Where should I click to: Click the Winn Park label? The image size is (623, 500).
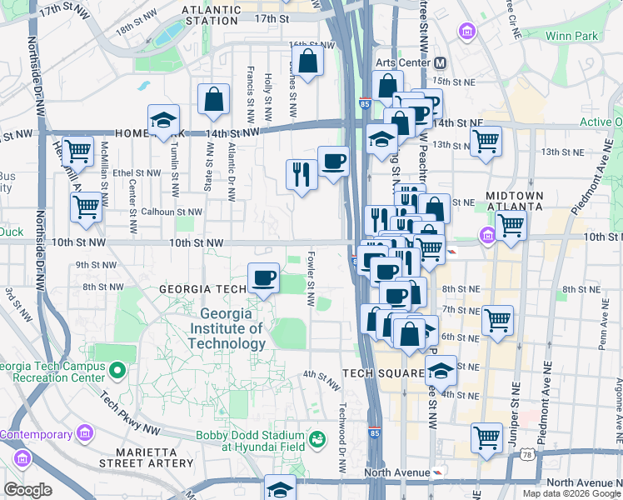pyautogui.click(x=571, y=36)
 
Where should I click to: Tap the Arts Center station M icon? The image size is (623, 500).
pyautogui.click(x=440, y=63)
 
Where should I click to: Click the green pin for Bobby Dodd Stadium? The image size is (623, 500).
pyautogui.click(x=316, y=437)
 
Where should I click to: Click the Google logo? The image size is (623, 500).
pyautogui.click(x=27, y=490)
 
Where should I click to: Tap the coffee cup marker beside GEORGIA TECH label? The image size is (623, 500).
pyautogui.click(x=264, y=277)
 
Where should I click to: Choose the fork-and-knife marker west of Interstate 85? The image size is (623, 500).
pyautogui.click(x=300, y=173)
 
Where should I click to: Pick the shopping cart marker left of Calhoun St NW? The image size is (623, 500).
pyautogui.click(x=87, y=207)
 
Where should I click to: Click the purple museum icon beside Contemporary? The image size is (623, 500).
pyautogui.click(x=84, y=433)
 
